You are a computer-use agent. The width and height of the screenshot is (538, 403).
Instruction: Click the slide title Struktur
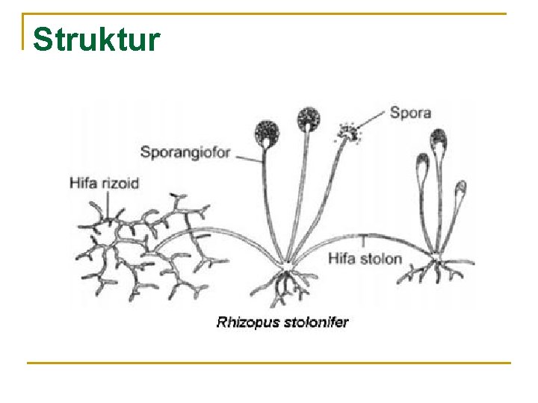pyautogui.click(x=97, y=39)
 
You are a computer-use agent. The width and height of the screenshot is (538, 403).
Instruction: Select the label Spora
pyautogui.click(x=410, y=113)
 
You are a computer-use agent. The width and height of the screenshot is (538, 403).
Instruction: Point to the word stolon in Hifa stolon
pyautogui.click(x=382, y=260)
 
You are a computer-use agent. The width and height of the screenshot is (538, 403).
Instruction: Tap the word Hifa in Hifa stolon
pyautogui.click(x=343, y=260)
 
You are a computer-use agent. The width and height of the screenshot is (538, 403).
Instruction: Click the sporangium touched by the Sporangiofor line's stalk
pyautogui.click(x=266, y=133)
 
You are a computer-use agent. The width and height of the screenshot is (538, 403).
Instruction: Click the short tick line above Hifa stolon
pyautogui.click(x=363, y=241)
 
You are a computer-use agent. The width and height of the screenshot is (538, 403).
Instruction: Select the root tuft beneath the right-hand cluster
pyautogui.click(x=436, y=270)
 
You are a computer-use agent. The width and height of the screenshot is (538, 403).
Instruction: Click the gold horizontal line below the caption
pyautogui.click(x=269, y=363)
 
